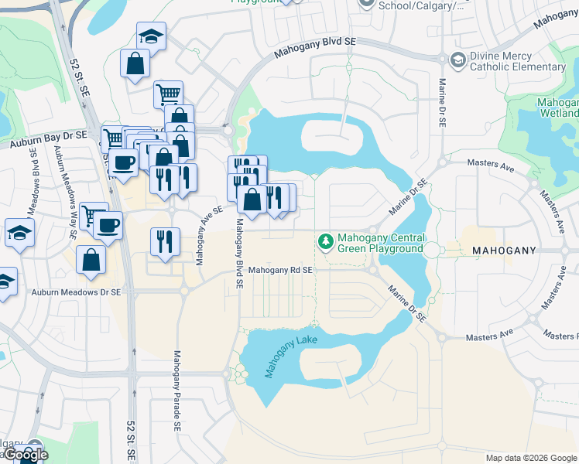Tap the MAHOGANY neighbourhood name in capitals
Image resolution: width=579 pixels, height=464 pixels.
(503, 251)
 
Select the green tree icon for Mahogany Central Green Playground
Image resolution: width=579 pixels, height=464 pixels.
(325, 242)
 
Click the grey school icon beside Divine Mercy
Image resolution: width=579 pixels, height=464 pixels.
(458, 60)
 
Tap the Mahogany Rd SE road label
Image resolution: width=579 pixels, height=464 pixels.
(280, 270)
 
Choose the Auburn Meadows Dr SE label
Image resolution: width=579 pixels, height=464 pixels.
(76, 292)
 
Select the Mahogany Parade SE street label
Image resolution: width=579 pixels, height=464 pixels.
(177, 390)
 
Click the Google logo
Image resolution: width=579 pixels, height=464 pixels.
(25, 455)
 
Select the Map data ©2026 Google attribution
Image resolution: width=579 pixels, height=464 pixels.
(531, 458)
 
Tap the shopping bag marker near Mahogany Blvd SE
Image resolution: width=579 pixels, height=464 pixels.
(252, 200)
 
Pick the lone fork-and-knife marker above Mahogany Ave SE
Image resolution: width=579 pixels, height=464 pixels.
(165, 241)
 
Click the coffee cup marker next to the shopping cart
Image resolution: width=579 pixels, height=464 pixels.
(108, 225)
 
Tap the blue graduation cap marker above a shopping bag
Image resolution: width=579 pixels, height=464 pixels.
(151, 35)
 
